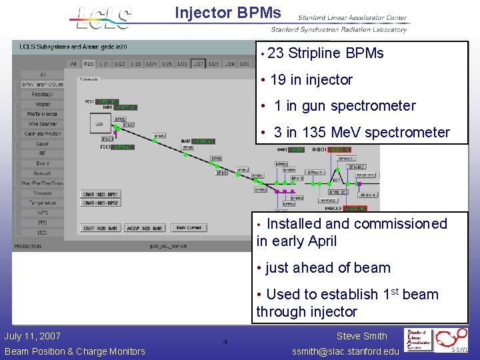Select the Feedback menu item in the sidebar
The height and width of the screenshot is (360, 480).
click(x=42, y=95)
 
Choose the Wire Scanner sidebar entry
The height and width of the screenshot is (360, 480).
click(x=42, y=124)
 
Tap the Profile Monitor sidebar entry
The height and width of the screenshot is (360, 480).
click(x=42, y=114)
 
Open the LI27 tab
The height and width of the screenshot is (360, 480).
click(x=197, y=64)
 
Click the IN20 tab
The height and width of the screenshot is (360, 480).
click(x=89, y=64)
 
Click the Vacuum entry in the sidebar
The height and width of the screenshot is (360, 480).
click(x=42, y=193)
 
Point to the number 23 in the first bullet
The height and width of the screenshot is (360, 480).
click(x=275, y=53)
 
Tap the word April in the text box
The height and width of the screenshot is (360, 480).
click(x=317, y=241)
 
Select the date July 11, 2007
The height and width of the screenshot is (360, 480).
click(x=32, y=337)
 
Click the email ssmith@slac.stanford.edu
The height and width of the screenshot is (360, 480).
click(x=346, y=351)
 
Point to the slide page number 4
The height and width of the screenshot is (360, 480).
click(x=225, y=342)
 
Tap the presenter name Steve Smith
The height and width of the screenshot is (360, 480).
click(x=361, y=337)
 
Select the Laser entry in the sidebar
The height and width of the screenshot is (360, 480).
click(x=42, y=143)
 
